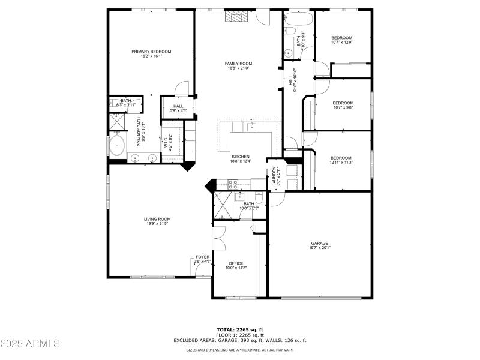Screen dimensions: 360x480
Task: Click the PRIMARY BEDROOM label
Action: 151,52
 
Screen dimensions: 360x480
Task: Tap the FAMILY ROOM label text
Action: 238,64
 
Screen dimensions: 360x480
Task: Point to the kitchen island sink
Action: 252,127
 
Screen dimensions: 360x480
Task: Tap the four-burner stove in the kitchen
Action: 233,184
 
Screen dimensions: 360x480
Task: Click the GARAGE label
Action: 319,243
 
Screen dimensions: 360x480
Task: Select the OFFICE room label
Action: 235,263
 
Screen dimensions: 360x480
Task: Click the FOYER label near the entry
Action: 202,257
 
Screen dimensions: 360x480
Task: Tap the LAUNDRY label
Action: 275,176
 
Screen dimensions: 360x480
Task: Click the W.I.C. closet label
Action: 166,143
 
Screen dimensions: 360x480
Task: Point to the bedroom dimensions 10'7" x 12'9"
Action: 341,42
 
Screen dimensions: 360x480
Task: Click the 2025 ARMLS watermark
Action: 30,344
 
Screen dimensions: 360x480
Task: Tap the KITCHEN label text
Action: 241,157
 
